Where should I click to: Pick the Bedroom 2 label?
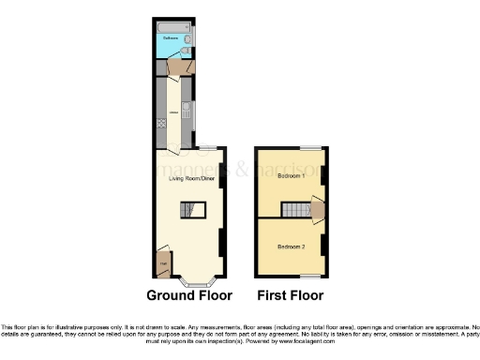point(290,246)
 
